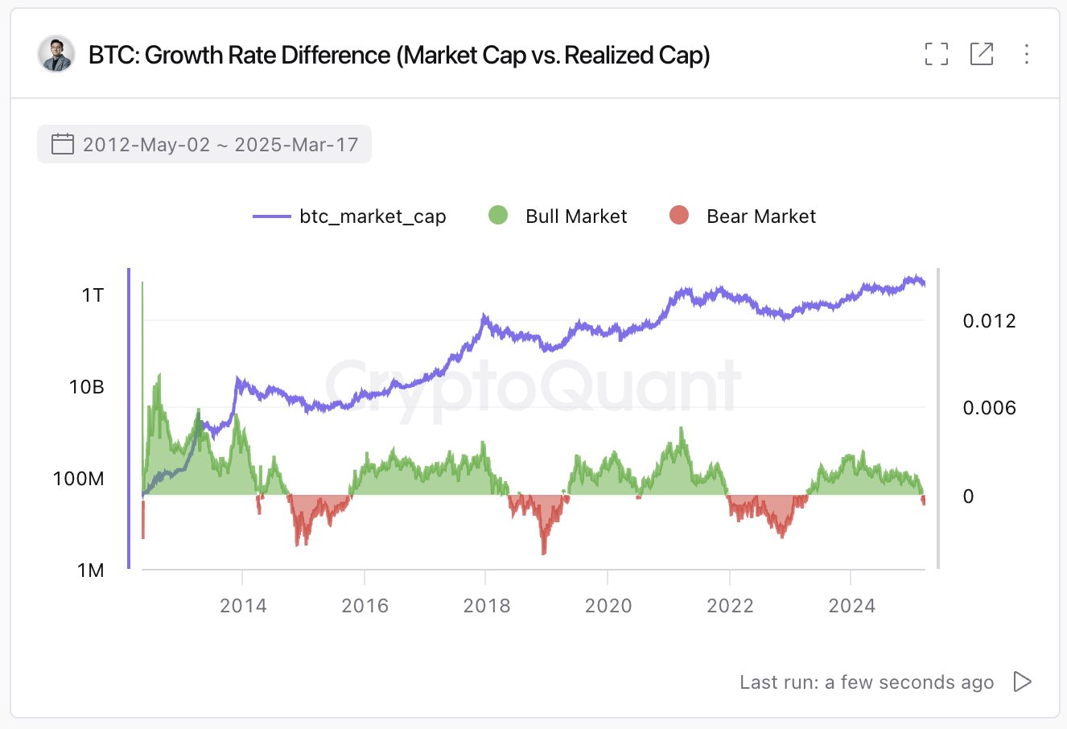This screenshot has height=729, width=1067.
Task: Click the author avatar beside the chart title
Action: (56, 55)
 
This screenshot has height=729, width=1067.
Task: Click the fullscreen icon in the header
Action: (937, 54)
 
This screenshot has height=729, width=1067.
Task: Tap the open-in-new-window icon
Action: (982, 54)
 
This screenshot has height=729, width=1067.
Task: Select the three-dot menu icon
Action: (1027, 54)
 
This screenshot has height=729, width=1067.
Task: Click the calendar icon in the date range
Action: (62, 145)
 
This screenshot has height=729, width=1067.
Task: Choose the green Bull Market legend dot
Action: (498, 216)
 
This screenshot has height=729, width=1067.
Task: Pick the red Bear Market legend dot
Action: (679, 216)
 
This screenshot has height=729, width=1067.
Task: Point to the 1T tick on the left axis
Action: (93, 295)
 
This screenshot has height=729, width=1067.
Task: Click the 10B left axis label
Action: (87, 387)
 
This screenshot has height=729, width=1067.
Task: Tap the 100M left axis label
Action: (79, 479)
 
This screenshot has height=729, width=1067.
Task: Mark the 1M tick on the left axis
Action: (91, 570)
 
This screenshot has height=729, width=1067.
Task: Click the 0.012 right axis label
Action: (989, 321)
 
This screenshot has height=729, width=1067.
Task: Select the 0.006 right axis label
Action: (989, 408)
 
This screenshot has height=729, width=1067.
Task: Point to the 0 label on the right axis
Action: (968, 496)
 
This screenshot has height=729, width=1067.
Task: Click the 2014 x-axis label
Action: (243, 606)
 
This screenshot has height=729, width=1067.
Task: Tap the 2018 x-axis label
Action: (487, 606)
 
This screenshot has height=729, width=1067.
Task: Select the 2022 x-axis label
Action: (730, 606)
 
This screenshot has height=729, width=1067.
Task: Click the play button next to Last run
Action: (1022, 682)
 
